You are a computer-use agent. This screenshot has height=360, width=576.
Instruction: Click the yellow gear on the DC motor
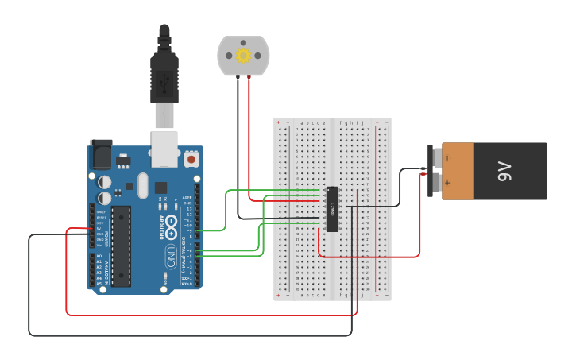click(x=243, y=55)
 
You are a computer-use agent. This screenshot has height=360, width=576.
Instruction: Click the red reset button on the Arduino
click(x=191, y=159)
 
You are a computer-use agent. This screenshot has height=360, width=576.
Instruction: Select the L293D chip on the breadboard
click(x=332, y=209)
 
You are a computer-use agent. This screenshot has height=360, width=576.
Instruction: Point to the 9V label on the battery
click(x=504, y=171)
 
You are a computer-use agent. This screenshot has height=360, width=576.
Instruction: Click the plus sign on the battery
click(x=447, y=183)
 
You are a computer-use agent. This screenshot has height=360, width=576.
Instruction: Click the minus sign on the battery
click(x=447, y=157)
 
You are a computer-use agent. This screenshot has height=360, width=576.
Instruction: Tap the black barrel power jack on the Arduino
click(x=101, y=153)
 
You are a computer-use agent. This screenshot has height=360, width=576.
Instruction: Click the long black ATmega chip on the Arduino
click(x=121, y=246)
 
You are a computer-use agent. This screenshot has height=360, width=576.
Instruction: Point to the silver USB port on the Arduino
click(x=164, y=149)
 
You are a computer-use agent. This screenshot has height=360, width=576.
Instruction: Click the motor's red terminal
click(x=249, y=76)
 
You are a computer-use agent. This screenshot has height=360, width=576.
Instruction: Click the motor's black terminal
click(x=237, y=76)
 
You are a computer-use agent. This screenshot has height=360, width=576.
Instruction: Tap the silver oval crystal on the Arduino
click(x=142, y=185)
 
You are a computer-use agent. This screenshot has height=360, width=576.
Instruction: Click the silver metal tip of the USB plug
click(x=164, y=115)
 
